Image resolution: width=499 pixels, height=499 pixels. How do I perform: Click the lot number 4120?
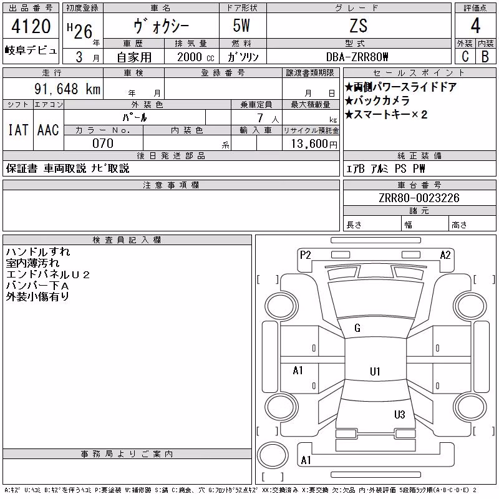[31, 26]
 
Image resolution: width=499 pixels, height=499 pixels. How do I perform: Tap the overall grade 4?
[475, 26]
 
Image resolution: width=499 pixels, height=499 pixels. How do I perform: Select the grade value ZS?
[358, 26]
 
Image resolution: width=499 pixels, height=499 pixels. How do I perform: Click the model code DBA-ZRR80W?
[357, 57]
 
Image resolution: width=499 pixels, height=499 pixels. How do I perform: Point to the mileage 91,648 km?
[67, 89]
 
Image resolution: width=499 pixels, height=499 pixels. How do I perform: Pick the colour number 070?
[103, 143]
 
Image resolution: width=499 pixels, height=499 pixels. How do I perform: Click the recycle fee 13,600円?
[314, 144]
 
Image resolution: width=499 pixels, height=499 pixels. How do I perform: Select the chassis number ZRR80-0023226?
[419, 198]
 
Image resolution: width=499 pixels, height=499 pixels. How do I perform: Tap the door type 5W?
[241, 26]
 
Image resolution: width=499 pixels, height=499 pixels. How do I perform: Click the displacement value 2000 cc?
[195, 57]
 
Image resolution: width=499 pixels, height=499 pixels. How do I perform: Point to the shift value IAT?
[18, 130]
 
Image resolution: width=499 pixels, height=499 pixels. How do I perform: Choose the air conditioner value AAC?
[48, 130]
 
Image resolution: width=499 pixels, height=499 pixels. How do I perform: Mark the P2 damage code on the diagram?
[305, 255]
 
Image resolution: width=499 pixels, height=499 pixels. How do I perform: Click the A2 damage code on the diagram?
[445, 255]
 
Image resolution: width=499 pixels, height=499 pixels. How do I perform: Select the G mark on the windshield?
[357, 328]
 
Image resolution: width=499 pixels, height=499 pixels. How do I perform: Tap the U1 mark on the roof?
[375, 371]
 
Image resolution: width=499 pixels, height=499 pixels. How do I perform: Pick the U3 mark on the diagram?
[399, 414]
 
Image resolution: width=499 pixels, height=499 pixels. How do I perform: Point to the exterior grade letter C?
[465, 57]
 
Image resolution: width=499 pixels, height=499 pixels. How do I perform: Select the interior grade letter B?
[485, 57]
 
